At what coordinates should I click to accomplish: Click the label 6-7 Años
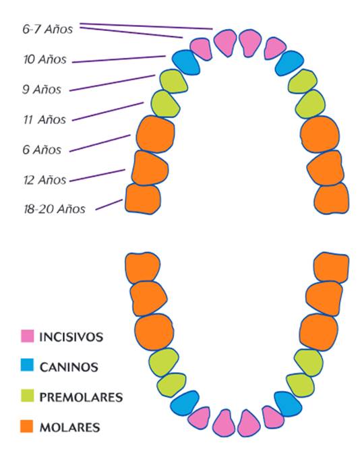[x=48, y=29]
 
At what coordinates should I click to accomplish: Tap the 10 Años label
[x=44, y=59]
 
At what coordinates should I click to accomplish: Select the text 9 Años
[x=42, y=89]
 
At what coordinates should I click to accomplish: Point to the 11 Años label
[x=44, y=119]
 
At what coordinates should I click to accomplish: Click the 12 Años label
[x=44, y=180]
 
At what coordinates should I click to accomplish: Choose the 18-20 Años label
[x=55, y=208]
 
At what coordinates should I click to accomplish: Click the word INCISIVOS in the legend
[x=71, y=337]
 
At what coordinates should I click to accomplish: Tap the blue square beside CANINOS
[x=27, y=365]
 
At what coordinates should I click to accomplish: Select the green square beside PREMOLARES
[x=27, y=396]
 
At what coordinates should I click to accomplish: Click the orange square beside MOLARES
[x=27, y=426]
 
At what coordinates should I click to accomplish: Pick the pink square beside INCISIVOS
[x=27, y=336]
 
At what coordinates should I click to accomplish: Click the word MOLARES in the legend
[x=69, y=427]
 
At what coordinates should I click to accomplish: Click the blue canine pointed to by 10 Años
[x=186, y=62]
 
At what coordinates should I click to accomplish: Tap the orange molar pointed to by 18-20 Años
[x=143, y=199]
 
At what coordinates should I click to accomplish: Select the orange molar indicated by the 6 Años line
[x=156, y=133]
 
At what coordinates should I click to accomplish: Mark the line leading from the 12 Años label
[x=97, y=175]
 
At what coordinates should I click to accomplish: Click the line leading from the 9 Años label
[x=113, y=83]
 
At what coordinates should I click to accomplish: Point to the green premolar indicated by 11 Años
[x=164, y=104]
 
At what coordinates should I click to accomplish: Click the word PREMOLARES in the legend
[x=81, y=397]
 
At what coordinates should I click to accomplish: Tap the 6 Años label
[x=42, y=150]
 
